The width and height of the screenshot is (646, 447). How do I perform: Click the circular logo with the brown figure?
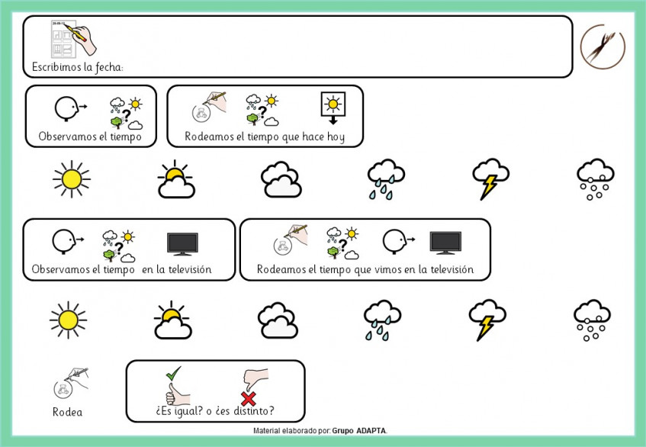pyautogui.click(x=603, y=46)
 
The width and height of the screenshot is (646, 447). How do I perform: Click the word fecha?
pyautogui.click(x=109, y=67)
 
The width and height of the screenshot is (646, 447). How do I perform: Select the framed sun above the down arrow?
pyautogui.click(x=333, y=104)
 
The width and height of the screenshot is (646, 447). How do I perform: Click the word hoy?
pyautogui.click(x=336, y=137)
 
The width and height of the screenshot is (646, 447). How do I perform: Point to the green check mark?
pyautogui.click(x=173, y=373)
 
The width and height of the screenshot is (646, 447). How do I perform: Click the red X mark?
pyautogui.click(x=248, y=399)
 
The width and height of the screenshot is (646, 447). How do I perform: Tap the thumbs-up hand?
pyautogui.click(x=177, y=394)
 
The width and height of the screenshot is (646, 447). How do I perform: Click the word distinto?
pyautogui.click(x=252, y=410)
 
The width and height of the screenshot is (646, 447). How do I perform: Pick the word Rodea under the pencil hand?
pyautogui.click(x=68, y=412)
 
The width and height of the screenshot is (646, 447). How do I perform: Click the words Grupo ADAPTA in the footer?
pyautogui.click(x=359, y=431)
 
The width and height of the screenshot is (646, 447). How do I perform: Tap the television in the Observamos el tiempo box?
pyautogui.click(x=182, y=244)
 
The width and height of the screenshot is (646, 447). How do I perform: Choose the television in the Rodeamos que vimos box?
pyautogui.click(x=445, y=243)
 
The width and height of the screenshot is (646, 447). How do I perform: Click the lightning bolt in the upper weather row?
pyautogui.click(x=489, y=187)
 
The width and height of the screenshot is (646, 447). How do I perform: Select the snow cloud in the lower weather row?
pyautogui.click(x=592, y=320)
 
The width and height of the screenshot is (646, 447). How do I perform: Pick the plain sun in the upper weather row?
pyautogui.click(x=72, y=179)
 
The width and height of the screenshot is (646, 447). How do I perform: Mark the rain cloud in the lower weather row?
pyautogui.click(x=382, y=320)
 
